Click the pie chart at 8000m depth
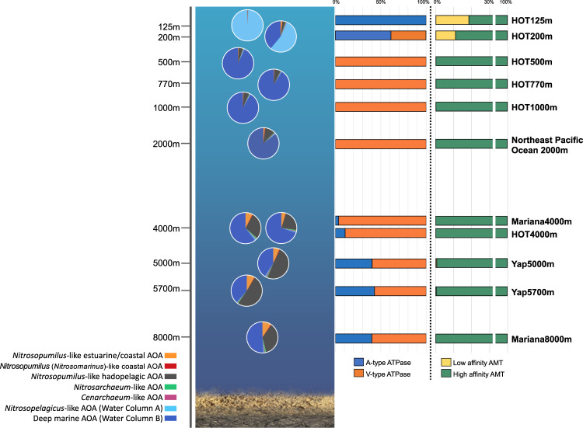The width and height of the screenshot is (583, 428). [x=263, y=337]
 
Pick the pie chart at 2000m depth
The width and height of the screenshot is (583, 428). [x=264, y=144]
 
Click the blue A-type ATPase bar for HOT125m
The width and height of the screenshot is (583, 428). [x=380, y=20]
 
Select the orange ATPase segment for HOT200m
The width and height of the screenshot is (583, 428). [x=408, y=36]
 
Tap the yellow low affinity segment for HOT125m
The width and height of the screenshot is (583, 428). [x=452, y=20]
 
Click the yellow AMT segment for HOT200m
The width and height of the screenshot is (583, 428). [x=445, y=36]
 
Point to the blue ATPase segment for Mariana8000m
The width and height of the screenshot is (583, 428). [x=353, y=339]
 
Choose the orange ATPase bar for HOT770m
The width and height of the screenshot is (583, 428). [x=380, y=84]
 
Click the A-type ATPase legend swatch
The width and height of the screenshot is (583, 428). [x=358, y=362]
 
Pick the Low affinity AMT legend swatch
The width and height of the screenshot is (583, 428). [x=446, y=362]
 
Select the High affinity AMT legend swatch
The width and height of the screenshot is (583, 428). [x=446, y=374]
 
